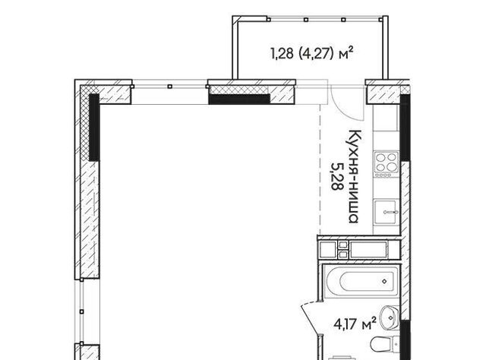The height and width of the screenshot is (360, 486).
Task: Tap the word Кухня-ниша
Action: click(x=354, y=176)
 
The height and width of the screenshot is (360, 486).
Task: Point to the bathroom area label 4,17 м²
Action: click(x=355, y=324)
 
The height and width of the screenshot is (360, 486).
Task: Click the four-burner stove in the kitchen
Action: click(x=386, y=164)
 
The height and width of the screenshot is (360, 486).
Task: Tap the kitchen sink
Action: click(x=386, y=212)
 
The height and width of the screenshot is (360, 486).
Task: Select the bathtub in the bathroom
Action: click(x=361, y=281)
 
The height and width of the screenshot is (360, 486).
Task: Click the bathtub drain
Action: click(x=385, y=281)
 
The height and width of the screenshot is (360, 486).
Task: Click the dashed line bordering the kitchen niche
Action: click(x=320, y=169)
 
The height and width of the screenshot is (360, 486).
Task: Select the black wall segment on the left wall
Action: click(x=94, y=128)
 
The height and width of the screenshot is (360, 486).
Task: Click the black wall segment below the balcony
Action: click(x=239, y=99)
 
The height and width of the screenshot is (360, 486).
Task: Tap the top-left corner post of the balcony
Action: click(x=235, y=19)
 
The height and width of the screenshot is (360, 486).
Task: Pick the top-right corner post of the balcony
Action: click(x=385, y=19)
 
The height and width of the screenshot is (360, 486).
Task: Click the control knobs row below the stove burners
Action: click(x=383, y=175)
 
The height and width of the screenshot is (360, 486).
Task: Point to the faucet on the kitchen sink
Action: click(x=390, y=213)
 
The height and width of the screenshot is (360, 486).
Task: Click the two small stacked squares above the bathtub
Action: click(x=343, y=250)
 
